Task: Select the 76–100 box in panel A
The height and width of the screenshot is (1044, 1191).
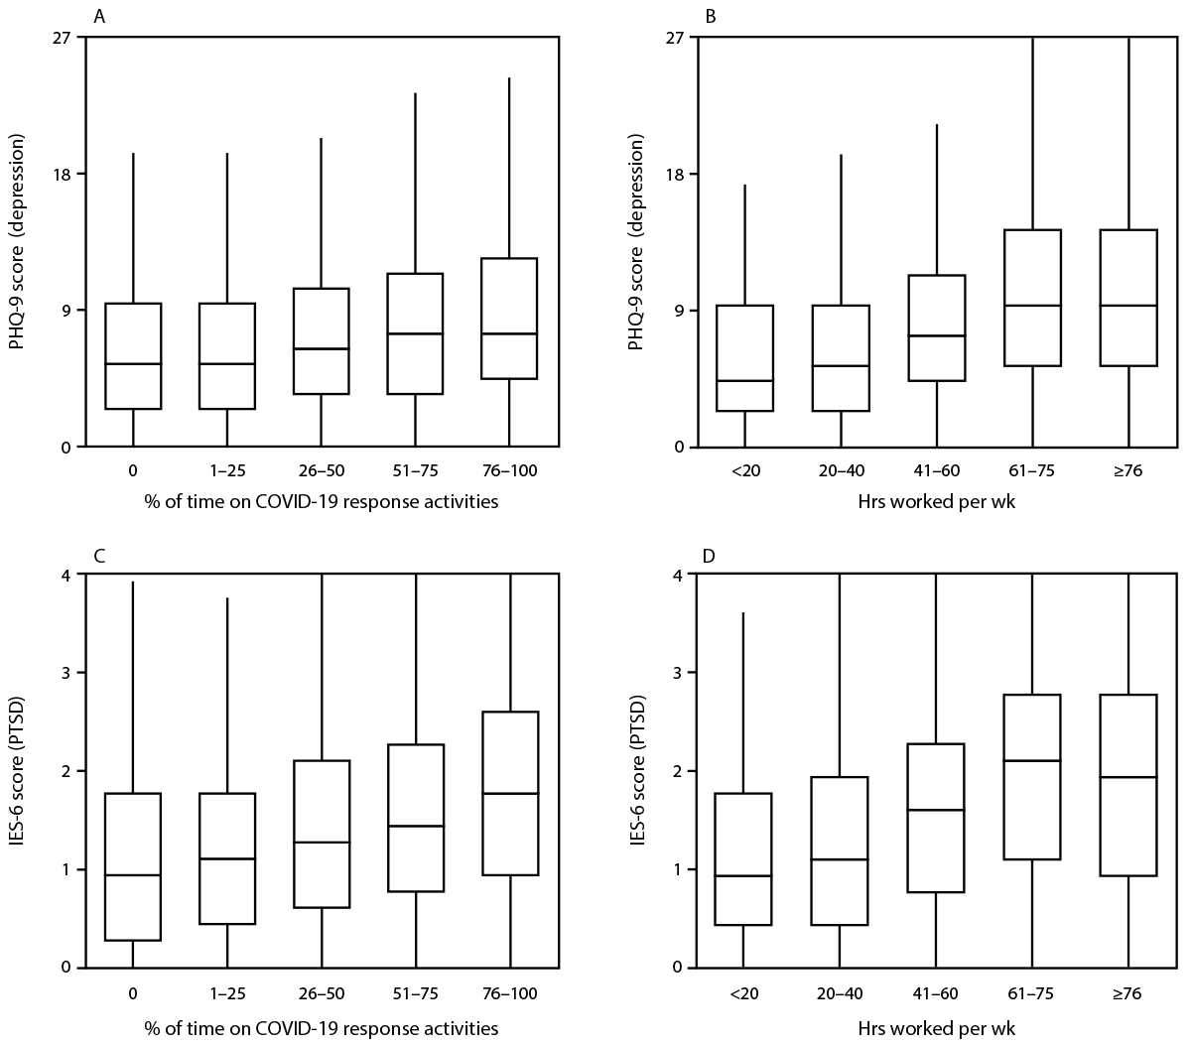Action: coord(509,318)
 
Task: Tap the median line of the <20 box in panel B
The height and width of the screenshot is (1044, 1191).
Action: coord(744,381)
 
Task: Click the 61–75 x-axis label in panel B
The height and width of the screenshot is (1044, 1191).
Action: coord(1033,470)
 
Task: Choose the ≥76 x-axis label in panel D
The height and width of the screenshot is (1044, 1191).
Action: coord(1128,990)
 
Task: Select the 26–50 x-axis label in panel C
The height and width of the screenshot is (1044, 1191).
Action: coord(321,990)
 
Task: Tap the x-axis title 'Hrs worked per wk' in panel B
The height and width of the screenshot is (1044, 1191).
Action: coord(936,502)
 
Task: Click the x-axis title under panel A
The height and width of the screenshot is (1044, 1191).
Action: coord(321,502)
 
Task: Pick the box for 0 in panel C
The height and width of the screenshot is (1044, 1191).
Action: coord(133,866)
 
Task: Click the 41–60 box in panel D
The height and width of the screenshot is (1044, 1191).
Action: coord(936,818)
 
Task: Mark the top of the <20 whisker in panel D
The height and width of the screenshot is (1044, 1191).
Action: coord(743,613)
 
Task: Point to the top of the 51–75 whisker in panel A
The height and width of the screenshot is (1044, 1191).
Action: coord(415,94)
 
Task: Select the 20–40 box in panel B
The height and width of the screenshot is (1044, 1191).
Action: coord(841,357)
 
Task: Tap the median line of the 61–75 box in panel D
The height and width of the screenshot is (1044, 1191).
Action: coord(1033,760)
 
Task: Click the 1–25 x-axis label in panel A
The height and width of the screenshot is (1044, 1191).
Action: coord(227,470)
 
